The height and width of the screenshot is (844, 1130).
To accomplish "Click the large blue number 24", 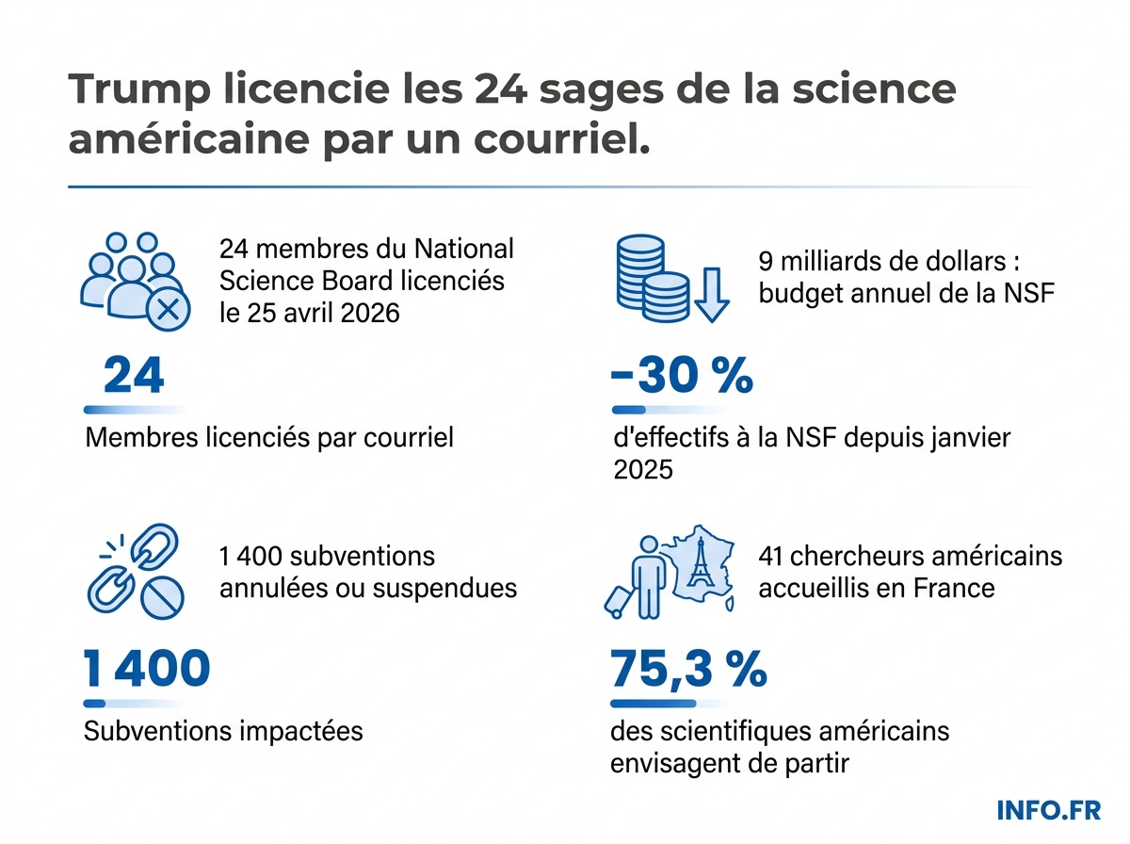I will coord(134,376).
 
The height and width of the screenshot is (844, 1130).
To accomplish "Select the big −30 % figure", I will coord(682,376).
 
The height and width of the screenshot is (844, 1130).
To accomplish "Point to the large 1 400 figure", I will coord(147,669).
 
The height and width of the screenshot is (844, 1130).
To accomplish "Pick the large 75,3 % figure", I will coord(688,669).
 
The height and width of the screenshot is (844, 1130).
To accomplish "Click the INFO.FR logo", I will coord(1048,810).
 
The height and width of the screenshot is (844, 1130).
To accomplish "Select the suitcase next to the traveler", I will coord(618,600).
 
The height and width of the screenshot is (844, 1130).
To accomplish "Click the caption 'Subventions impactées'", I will coord(223,731).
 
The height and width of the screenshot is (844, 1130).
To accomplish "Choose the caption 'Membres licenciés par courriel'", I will coord(268,437).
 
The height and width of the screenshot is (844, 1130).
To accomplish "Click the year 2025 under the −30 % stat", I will coord(643,468).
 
